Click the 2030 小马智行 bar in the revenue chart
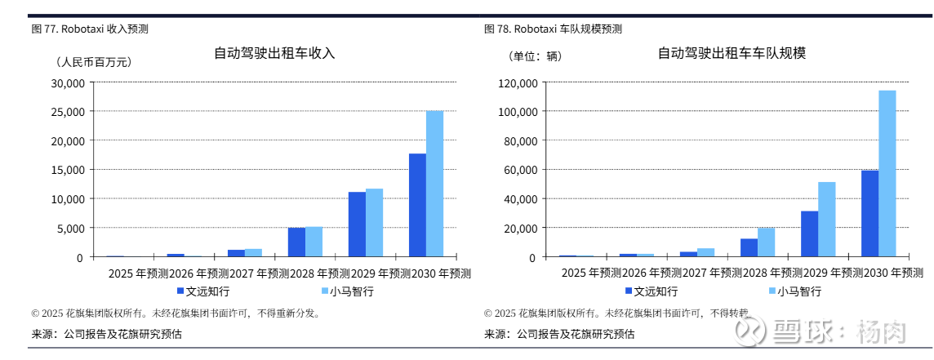[434, 184]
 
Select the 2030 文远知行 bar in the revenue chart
[417, 205]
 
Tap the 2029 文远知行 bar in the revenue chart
[357, 224]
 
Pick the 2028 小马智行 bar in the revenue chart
[314, 242]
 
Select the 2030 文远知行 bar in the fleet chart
[870, 213]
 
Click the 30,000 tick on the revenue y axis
[67, 82]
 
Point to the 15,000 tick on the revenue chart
[67, 170]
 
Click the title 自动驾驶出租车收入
[274, 53]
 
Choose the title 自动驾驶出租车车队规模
[732, 53]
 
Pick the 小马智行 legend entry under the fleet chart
[793, 291]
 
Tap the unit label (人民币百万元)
[93, 61]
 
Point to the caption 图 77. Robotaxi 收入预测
[90, 29]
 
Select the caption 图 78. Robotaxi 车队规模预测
[553, 29]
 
